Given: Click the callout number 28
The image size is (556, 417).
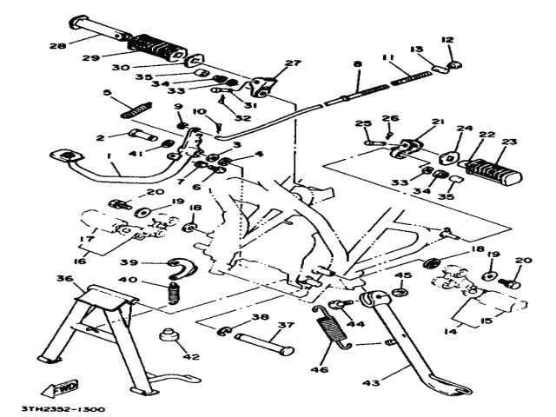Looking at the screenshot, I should [33, 45].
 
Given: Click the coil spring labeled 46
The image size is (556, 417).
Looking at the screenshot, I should [330, 329].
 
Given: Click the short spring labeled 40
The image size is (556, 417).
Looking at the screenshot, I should [173, 293].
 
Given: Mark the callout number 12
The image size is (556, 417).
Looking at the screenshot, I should [447, 39].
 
